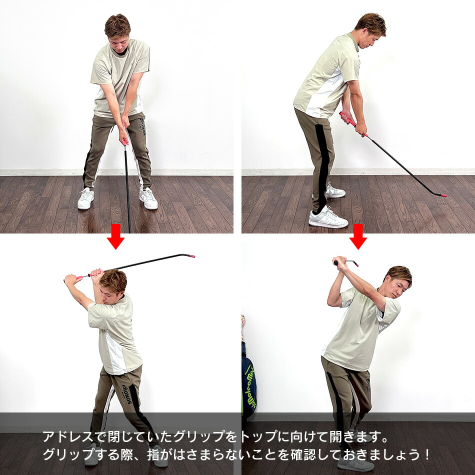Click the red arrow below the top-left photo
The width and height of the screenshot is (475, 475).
click(116, 236)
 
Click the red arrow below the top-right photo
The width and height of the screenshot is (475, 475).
click(358, 236)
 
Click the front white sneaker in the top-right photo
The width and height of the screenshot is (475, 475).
click(328, 217)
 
